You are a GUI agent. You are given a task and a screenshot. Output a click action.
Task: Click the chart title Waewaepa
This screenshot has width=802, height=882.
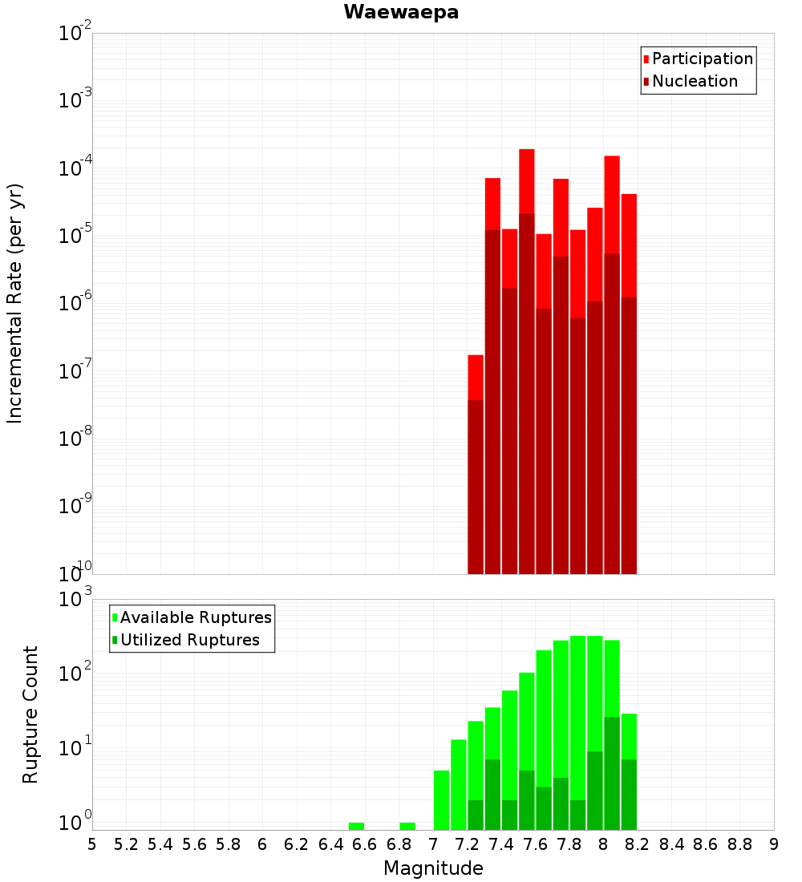(x=401, y=13)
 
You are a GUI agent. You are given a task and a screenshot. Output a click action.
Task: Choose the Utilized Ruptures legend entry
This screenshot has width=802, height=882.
(x=189, y=640)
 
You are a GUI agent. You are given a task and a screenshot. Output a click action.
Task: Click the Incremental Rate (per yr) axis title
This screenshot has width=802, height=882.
(x=14, y=303)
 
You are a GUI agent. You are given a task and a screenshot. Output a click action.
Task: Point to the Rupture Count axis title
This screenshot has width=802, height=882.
(x=30, y=714)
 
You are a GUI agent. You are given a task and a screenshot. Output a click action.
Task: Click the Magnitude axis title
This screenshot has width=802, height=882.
(x=433, y=868)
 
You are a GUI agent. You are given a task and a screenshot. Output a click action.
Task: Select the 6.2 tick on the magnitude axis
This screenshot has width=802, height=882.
(x=297, y=844)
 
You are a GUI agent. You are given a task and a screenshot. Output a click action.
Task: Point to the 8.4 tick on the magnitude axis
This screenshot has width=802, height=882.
(x=672, y=844)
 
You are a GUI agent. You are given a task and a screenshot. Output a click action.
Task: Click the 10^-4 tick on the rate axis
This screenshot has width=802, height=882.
(x=75, y=168)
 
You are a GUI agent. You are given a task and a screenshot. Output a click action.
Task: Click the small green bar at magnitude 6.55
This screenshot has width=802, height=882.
(x=356, y=826)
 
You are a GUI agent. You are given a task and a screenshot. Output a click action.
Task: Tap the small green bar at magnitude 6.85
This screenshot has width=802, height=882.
(x=407, y=826)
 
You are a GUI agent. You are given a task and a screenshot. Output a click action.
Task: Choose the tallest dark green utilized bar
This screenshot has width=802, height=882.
(x=612, y=774)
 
